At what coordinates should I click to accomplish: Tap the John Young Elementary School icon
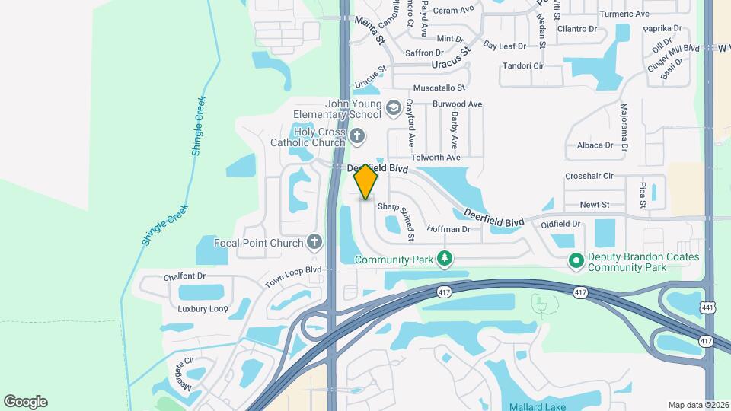[x=393, y=108]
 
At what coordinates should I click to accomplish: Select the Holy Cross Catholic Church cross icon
[x=358, y=137]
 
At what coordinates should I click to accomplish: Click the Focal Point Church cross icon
[x=314, y=243]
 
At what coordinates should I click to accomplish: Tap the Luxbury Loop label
[x=203, y=309]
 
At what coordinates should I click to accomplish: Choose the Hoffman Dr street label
[x=448, y=229]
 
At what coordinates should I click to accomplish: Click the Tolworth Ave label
[x=436, y=158]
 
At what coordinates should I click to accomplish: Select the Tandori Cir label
[x=522, y=66]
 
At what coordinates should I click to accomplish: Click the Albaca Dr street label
[x=595, y=145]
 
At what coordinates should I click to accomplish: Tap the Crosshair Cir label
[x=589, y=176]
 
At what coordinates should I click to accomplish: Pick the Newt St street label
[x=595, y=205]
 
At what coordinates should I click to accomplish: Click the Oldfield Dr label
[x=560, y=225]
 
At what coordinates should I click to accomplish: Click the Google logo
[x=25, y=402]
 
